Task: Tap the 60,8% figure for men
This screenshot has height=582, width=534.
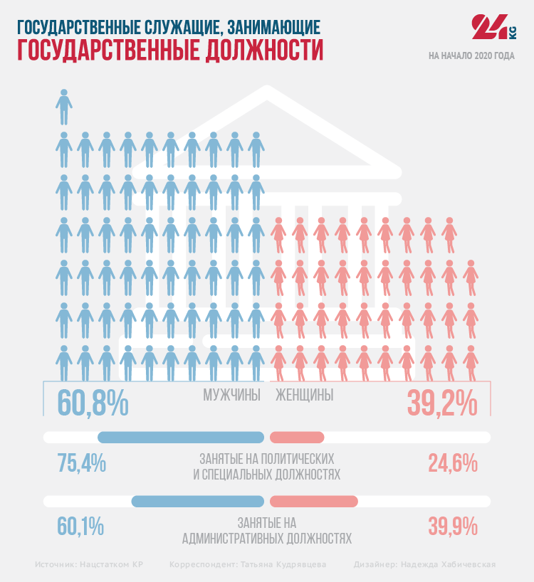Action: pos(93,402)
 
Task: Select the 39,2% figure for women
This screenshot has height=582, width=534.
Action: pos(442,403)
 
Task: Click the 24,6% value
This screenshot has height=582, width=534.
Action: pos(452,463)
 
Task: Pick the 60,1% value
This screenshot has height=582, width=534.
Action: pos(80,527)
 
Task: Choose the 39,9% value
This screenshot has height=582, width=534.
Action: pos(452,527)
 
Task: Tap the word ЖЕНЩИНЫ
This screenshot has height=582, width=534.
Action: pos(304,396)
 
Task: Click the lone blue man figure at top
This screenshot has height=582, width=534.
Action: pos(64,106)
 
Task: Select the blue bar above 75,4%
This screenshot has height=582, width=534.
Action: pos(181,438)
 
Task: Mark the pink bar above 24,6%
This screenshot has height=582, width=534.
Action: pos(298,438)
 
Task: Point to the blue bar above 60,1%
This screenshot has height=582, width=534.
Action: pos(198,501)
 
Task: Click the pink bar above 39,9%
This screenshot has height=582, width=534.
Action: pos(314,501)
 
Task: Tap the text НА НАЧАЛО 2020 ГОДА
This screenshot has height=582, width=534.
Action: pos(471,55)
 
